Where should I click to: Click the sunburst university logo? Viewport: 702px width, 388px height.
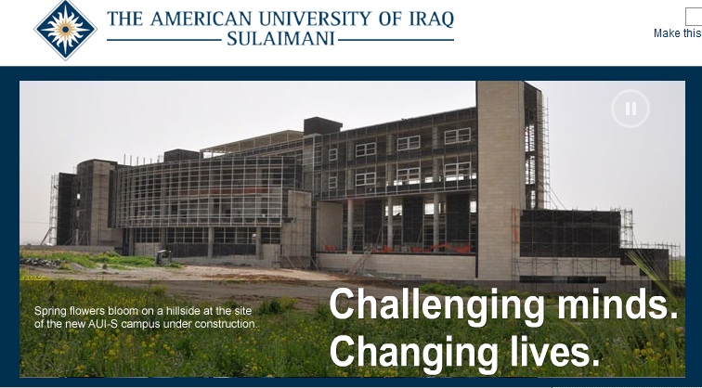pyautogui.click(x=65, y=30)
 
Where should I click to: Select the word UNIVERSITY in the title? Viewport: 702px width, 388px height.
pyautogui.click(x=315, y=19)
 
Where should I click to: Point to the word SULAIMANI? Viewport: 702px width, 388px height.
pyautogui.click(x=280, y=38)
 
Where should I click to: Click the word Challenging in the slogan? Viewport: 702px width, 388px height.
pyautogui.click(x=437, y=305)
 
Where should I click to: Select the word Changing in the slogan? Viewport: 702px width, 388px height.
pyautogui.click(x=414, y=352)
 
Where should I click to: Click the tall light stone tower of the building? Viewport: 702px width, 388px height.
pyautogui.click(x=500, y=179)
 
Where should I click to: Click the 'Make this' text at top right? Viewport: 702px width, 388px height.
pyautogui.click(x=677, y=33)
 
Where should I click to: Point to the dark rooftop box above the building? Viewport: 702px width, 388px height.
pyautogui.click(x=323, y=125)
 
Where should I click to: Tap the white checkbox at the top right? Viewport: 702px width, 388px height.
pyautogui.click(x=694, y=17)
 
